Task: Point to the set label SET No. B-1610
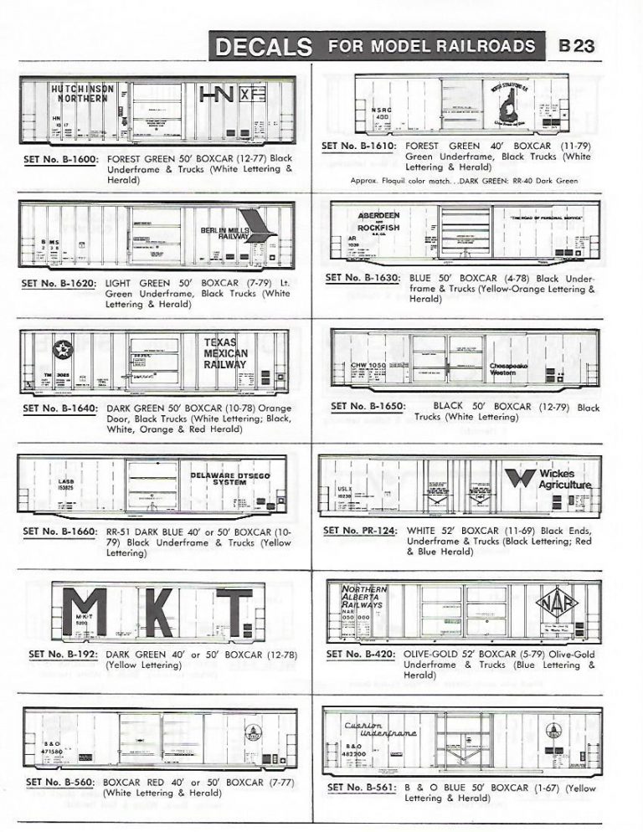[360, 146]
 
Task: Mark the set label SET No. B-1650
[368, 407]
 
